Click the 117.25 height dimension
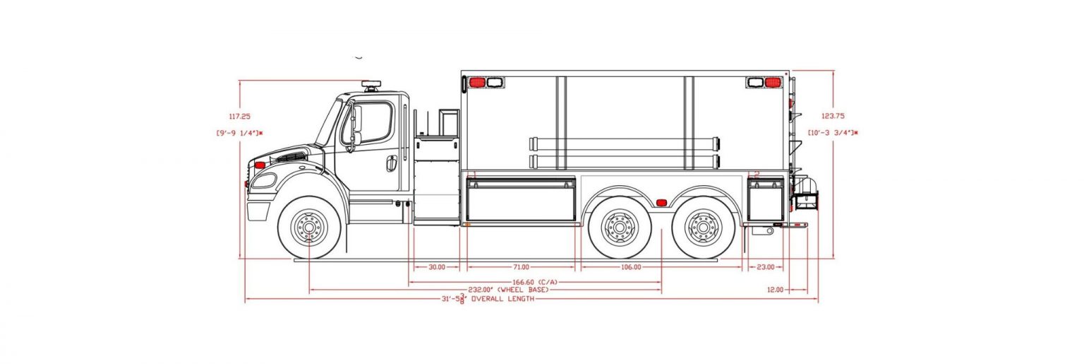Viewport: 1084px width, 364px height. point(239,117)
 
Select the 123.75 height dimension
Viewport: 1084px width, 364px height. point(833,116)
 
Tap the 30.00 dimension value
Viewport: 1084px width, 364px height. point(437,267)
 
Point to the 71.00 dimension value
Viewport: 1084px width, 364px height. point(521,267)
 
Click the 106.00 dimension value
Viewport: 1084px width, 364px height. point(631,267)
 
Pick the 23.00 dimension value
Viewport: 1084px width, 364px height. point(766,267)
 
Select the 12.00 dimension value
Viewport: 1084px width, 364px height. point(775,290)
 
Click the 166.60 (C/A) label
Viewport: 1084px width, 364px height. point(535,282)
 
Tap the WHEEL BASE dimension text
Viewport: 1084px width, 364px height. point(509,290)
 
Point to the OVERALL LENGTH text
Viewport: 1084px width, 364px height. point(502,299)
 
